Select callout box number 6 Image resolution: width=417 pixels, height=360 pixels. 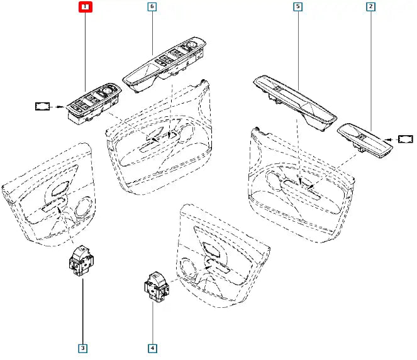152,8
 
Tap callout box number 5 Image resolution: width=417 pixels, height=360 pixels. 297,8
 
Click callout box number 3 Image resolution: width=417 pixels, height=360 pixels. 82,346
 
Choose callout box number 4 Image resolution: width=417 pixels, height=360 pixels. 152,346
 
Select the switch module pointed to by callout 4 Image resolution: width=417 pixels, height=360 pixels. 153,286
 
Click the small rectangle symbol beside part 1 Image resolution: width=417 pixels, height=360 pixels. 43,107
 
